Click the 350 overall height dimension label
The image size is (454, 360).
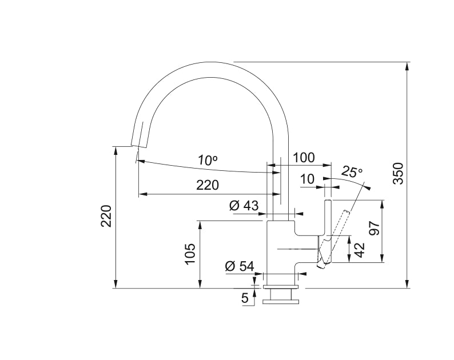coord(399,174)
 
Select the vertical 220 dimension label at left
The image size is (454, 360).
coord(106,216)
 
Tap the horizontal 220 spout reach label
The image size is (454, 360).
coord(208,185)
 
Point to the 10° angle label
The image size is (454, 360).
coord(208,160)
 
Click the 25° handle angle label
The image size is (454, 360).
coord(352,172)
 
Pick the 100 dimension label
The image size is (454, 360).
coord(304,158)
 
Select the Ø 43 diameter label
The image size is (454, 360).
coord(244,206)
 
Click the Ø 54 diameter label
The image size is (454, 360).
coord(240,266)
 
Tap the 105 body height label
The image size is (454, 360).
coord(190,254)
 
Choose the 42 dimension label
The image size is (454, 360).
coord(359,250)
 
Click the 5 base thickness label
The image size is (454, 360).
coord(245,298)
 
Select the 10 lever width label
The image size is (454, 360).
coord(307,179)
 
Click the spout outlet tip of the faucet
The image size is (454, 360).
coord(140,145)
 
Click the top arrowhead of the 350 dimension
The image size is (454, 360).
coord(407,66)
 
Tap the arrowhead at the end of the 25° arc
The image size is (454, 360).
coord(368,188)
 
